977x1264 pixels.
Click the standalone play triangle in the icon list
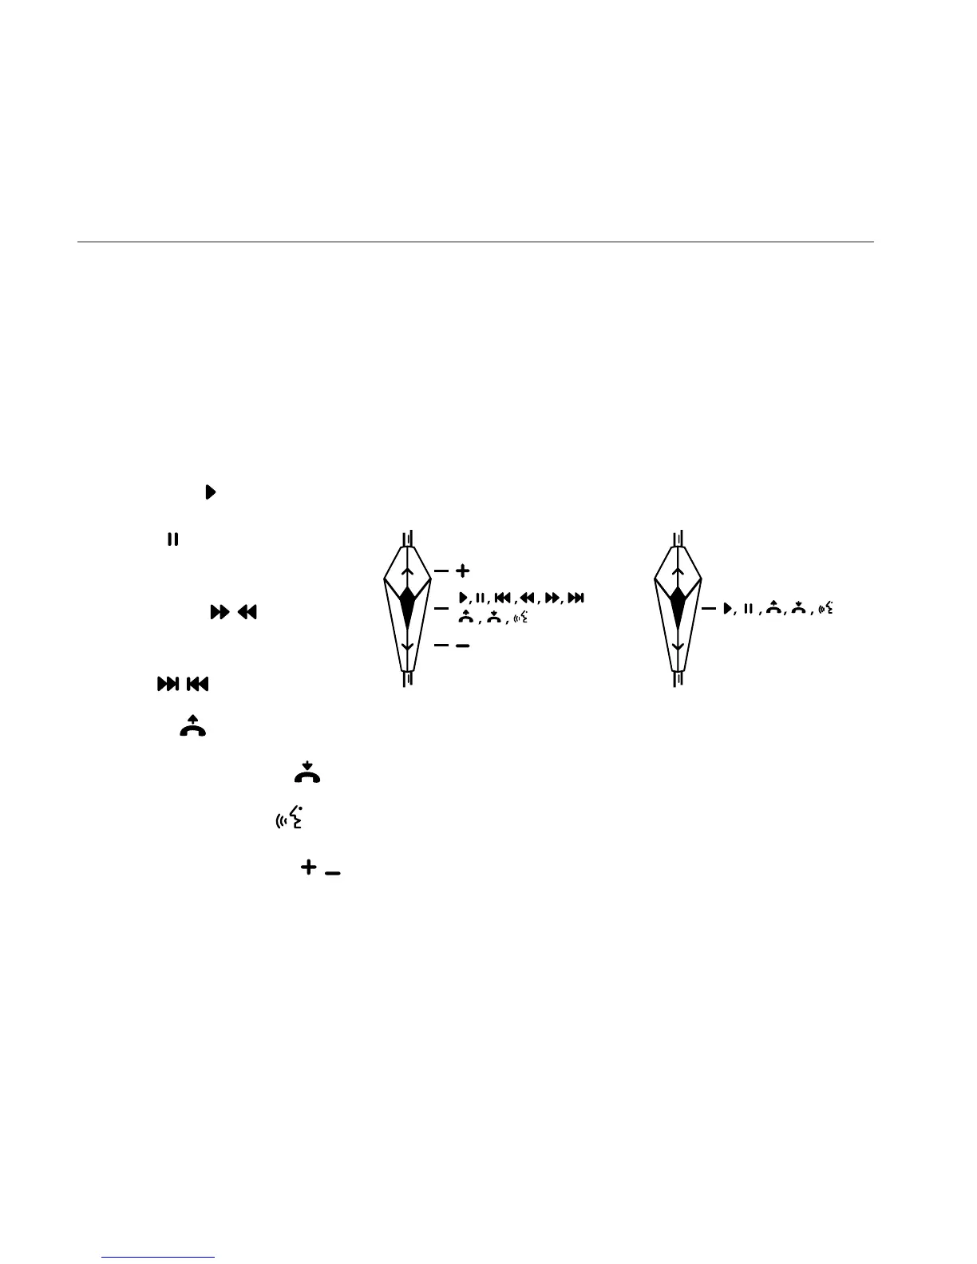[211, 492]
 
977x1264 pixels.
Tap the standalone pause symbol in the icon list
[172, 540]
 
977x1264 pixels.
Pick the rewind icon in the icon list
[247, 613]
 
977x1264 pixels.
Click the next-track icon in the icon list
[168, 684]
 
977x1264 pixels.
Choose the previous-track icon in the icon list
[197, 684]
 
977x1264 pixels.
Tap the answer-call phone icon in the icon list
[193, 726]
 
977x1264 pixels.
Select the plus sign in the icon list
[308, 867]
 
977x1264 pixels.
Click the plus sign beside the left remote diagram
[462, 571]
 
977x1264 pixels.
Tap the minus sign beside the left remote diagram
[462, 646]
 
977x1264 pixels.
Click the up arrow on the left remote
[407, 573]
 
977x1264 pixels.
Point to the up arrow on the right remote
[678, 573]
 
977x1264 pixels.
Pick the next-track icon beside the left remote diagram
[577, 598]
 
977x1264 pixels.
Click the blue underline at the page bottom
[159, 1257]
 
